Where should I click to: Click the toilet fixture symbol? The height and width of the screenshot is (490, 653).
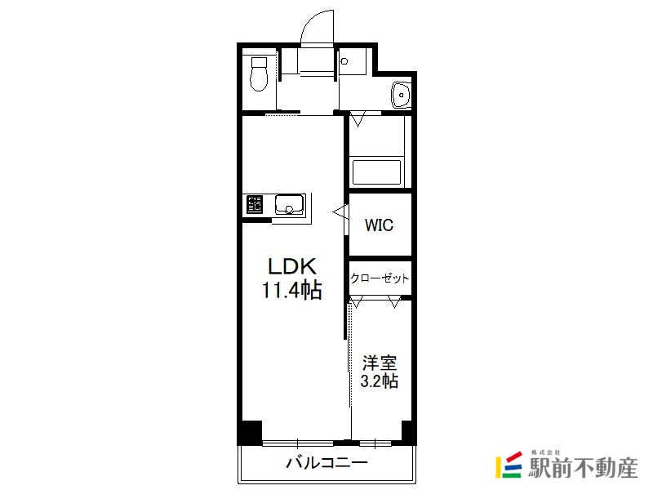(x=259, y=74)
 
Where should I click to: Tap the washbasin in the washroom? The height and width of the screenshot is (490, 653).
(x=401, y=94)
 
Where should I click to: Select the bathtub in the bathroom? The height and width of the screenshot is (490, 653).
(x=376, y=171)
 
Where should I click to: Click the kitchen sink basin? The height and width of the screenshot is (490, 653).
(x=290, y=205)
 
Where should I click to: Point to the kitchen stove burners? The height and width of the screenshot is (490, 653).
(x=255, y=205)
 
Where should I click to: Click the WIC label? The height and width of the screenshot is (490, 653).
(x=379, y=225)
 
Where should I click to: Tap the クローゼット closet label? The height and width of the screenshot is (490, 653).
(x=380, y=278)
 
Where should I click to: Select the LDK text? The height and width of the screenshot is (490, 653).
(x=292, y=266)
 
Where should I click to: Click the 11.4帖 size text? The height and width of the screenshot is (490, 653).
(x=292, y=290)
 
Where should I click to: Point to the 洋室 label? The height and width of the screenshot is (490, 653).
(x=379, y=363)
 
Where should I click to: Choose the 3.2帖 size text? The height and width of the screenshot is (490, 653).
(x=379, y=381)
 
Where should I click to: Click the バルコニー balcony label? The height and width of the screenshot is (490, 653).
(x=327, y=462)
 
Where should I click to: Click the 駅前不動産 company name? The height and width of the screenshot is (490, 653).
(x=583, y=468)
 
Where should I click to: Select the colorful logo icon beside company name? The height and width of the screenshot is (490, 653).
(x=509, y=464)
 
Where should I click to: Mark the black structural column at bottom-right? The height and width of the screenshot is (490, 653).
(x=407, y=432)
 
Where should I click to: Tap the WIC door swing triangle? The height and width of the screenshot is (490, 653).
(x=340, y=212)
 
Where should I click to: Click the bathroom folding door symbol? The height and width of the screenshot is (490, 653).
(x=358, y=118)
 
